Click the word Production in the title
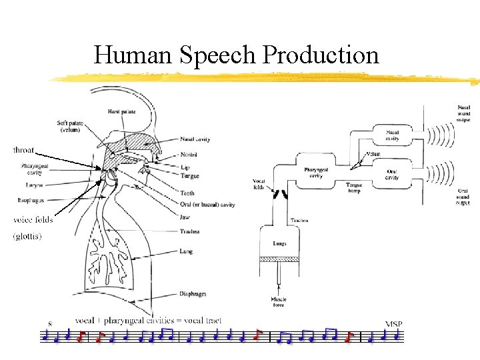coord(321,55)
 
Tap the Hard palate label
coord(123,111)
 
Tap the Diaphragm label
coord(193,293)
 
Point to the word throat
coord(24,151)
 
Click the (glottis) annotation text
coord(27,236)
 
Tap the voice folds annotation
coord(33,220)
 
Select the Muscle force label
coord(279,303)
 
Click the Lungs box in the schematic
coord(279,244)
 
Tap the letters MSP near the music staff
coord(394,324)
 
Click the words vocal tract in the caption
coord(200,321)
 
